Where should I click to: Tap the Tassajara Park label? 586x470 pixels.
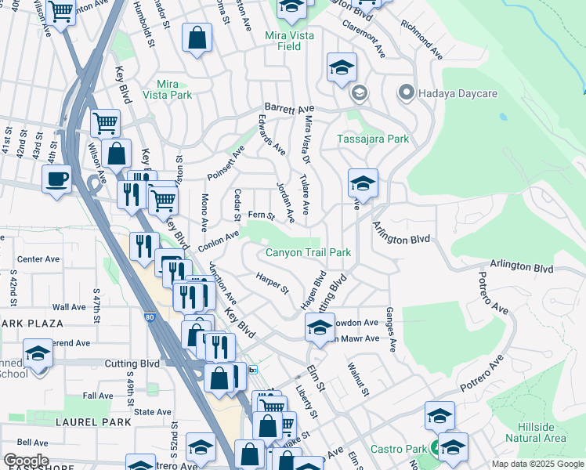(373, 139)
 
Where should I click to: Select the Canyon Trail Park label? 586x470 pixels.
(308, 252)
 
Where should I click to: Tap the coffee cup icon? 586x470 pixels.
(56, 179)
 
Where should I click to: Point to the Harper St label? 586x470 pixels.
(273, 282)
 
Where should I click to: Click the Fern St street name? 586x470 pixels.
(261, 215)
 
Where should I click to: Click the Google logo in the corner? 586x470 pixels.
(26, 461)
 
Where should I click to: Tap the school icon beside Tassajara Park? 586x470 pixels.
(362, 183)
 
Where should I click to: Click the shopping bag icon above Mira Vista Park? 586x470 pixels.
(197, 38)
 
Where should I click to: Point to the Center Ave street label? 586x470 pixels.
(38, 258)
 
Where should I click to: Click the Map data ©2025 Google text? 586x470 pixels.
(537, 464)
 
